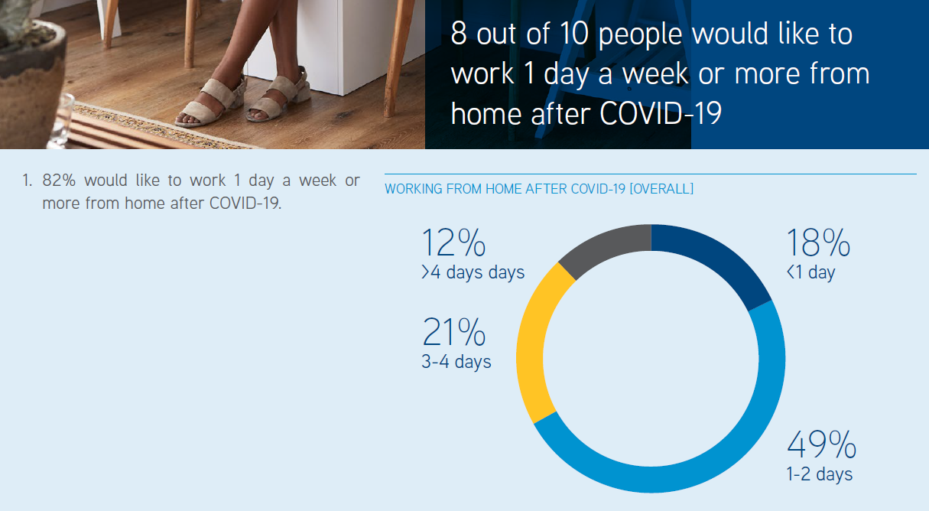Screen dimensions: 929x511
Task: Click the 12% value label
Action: (x=453, y=242)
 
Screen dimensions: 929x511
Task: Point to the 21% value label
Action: (x=453, y=332)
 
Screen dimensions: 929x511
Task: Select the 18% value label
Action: (x=818, y=242)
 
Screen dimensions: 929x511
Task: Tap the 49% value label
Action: (x=822, y=444)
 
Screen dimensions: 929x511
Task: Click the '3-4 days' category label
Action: (x=456, y=362)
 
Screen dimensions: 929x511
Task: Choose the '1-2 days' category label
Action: (x=820, y=474)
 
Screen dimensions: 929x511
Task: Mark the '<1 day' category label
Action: (x=810, y=272)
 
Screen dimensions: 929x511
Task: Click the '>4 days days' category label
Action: (x=473, y=272)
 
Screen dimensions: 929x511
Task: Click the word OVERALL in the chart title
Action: (x=661, y=189)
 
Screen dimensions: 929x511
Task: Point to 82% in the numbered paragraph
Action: (x=59, y=181)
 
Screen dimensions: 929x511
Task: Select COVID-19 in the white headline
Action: (x=661, y=113)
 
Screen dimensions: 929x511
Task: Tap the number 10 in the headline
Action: (x=574, y=33)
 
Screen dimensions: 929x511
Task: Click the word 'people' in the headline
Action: (x=640, y=35)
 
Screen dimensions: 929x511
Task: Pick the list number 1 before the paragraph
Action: (x=27, y=181)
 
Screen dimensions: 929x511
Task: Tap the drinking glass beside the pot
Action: (x=62, y=121)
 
